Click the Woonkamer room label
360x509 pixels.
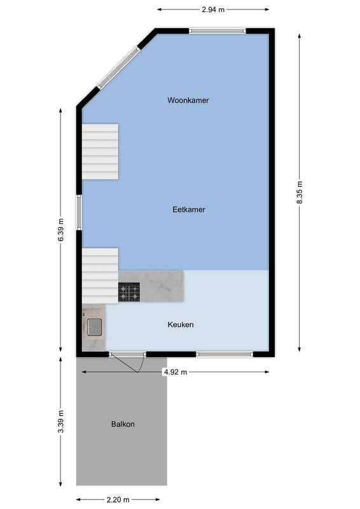click(188, 101)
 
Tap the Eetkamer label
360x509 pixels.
click(189, 209)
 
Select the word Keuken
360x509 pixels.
click(181, 324)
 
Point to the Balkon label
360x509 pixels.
click(123, 424)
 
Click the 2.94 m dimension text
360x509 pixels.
click(213, 10)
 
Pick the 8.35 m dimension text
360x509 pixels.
click(300, 192)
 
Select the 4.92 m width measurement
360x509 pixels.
click(175, 372)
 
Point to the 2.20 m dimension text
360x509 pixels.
click(118, 499)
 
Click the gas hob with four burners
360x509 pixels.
click(129, 292)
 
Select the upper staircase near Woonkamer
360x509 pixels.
click(100, 151)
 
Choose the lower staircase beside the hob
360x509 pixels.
click(100, 275)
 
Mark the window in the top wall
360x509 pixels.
click(218, 30)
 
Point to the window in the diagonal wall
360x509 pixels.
click(117, 67)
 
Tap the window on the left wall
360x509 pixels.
click(79, 212)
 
